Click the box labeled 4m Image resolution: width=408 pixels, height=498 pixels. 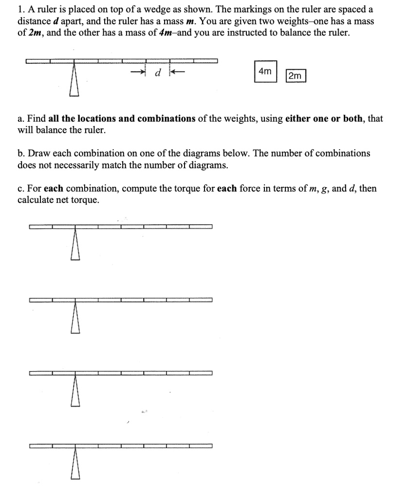tap(265, 71)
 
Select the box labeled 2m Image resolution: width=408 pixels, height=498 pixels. tap(295, 76)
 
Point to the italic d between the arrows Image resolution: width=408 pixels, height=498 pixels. tap(157, 74)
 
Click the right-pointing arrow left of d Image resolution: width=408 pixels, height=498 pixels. tap(139, 73)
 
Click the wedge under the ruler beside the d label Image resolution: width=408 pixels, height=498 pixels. tap(74, 81)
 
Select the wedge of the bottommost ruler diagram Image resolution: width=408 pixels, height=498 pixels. tap(74, 465)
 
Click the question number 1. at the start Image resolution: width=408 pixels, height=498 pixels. tap(21, 10)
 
